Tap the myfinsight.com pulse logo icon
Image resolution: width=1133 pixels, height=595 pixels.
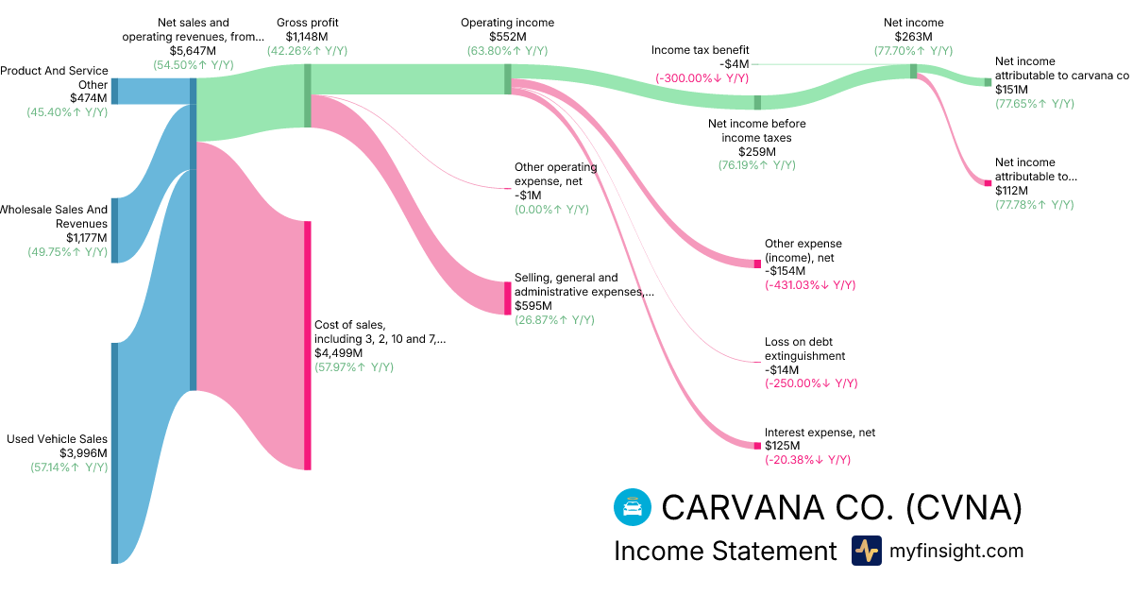866,551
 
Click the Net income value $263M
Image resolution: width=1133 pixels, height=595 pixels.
913,37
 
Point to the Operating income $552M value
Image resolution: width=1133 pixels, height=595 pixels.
507,37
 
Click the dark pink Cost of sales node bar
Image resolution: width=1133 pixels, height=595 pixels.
307,345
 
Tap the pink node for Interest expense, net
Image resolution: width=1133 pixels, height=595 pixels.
756,444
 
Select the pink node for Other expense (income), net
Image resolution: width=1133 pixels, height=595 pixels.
756,263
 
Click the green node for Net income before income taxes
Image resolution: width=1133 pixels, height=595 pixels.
757,102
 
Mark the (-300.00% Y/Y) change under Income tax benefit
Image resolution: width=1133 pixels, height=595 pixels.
702,78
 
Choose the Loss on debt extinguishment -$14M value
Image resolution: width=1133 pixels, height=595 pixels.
785,370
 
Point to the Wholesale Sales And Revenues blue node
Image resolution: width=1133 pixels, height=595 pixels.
115,230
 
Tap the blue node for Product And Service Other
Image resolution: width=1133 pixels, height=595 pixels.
115,91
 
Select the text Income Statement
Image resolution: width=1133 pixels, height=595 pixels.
725,551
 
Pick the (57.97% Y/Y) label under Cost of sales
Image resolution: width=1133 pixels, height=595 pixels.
354,366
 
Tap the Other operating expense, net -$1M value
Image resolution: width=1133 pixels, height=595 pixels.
529,195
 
